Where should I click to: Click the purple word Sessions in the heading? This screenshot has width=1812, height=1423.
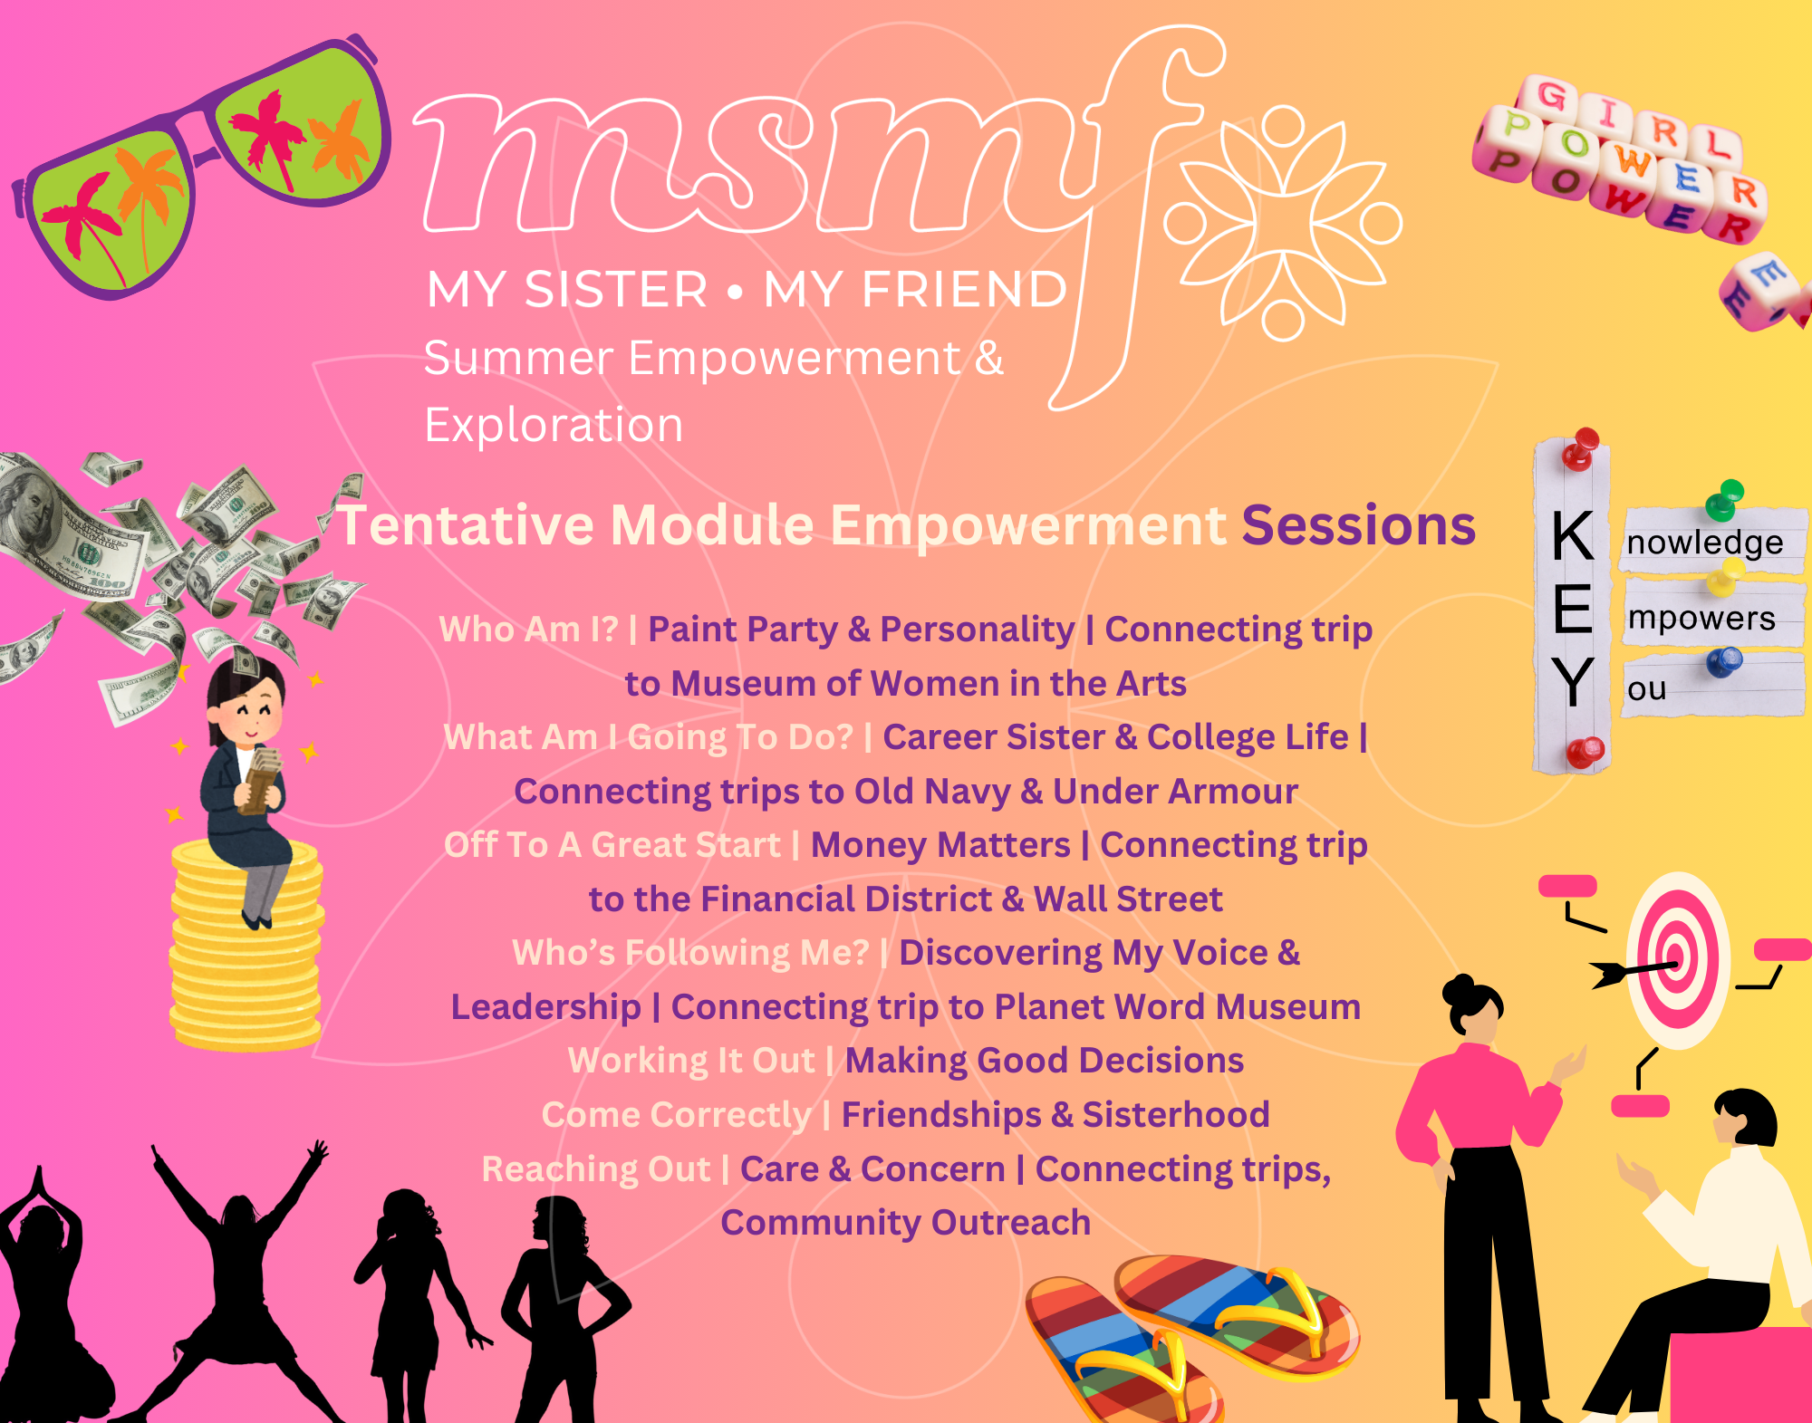pos(1358,525)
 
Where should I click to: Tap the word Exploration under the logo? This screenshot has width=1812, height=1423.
pos(554,425)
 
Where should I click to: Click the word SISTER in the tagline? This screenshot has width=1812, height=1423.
pos(616,290)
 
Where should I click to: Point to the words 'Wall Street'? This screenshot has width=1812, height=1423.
pos(1128,899)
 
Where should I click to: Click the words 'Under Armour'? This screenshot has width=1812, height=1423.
pos(1175,792)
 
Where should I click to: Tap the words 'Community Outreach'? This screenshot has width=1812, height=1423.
pos(906,1223)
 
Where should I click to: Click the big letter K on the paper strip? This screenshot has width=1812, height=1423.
pos(1573,536)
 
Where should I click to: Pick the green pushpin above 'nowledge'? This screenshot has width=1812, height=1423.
pos(1725,498)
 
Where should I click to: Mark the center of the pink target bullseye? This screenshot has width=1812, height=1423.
pos(1676,957)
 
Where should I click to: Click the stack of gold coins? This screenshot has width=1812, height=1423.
pos(246,947)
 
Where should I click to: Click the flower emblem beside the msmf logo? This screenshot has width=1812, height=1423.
pos(1283,224)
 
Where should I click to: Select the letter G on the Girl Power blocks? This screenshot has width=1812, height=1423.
pos(1551,95)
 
